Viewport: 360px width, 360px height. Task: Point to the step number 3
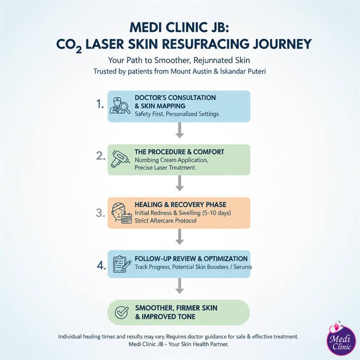[100, 212]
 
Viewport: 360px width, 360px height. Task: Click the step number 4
[100, 265]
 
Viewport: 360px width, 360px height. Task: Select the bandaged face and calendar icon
[120, 213]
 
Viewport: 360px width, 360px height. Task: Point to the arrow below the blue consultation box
[180, 130]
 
